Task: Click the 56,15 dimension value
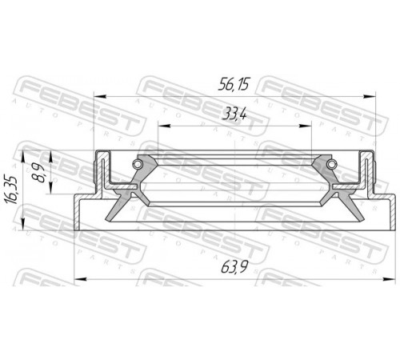pos(234,85)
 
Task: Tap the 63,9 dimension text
pos(234,267)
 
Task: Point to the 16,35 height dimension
pos(11,190)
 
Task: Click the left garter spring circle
pos(138,164)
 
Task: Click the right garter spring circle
pos(330,164)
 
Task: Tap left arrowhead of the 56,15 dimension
pos(100,96)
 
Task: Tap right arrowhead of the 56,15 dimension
pos(370,96)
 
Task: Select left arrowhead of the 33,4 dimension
pos(164,126)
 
